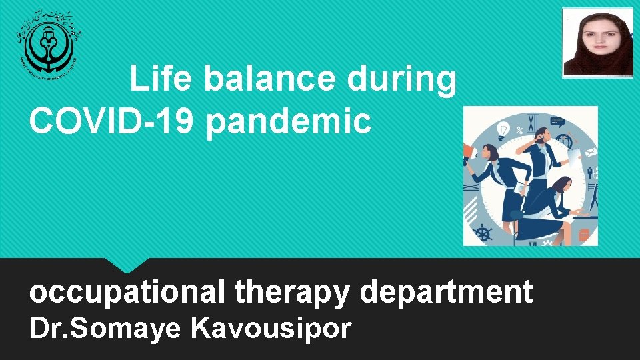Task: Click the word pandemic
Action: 288,122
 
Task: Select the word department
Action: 446,291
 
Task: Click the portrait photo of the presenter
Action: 597,43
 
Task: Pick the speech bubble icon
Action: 557,123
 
